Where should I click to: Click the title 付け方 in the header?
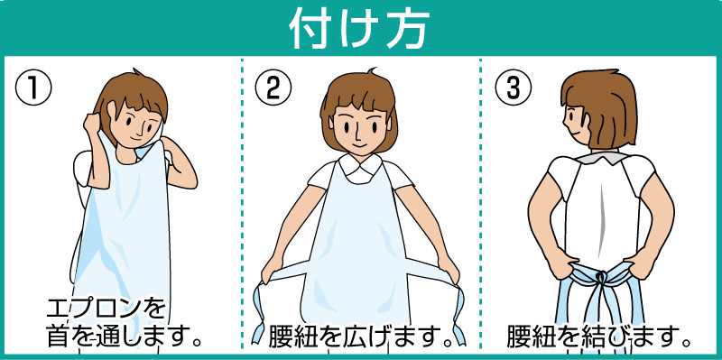pyautogui.click(x=358, y=30)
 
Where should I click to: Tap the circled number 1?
pyautogui.click(x=33, y=88)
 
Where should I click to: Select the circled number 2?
pyautogui.click(x=273, y=88)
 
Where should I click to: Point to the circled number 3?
pyautogui.click(x=513, y=88)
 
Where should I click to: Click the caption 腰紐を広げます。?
pyautogui.click(x=360, y=337)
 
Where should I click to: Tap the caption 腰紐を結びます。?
pyautogui.click(x=599, y=337)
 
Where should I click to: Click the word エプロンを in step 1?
pyautogui.click(x=106, y=309)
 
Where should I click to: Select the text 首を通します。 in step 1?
pyautogui.click(x=125, y=337)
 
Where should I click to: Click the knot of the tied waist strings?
pyautogui.click(x=600, y=278)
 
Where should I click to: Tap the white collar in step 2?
pyautogui.click(x=360, y=168)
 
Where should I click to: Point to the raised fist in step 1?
pyautogui.click(x=93, y=124)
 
